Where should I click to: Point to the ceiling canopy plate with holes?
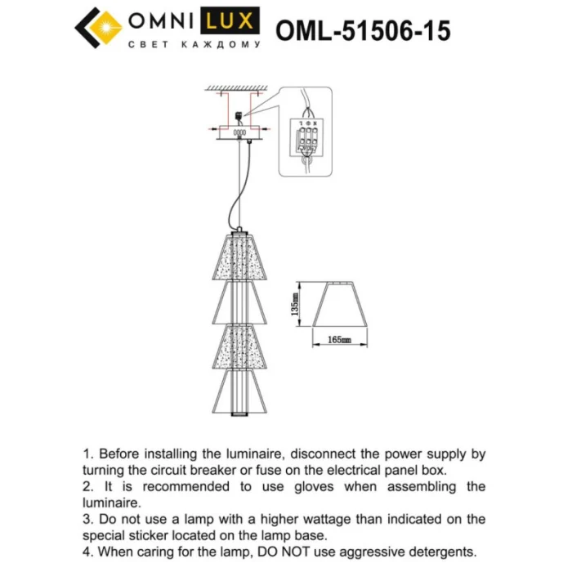click(239, 133)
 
